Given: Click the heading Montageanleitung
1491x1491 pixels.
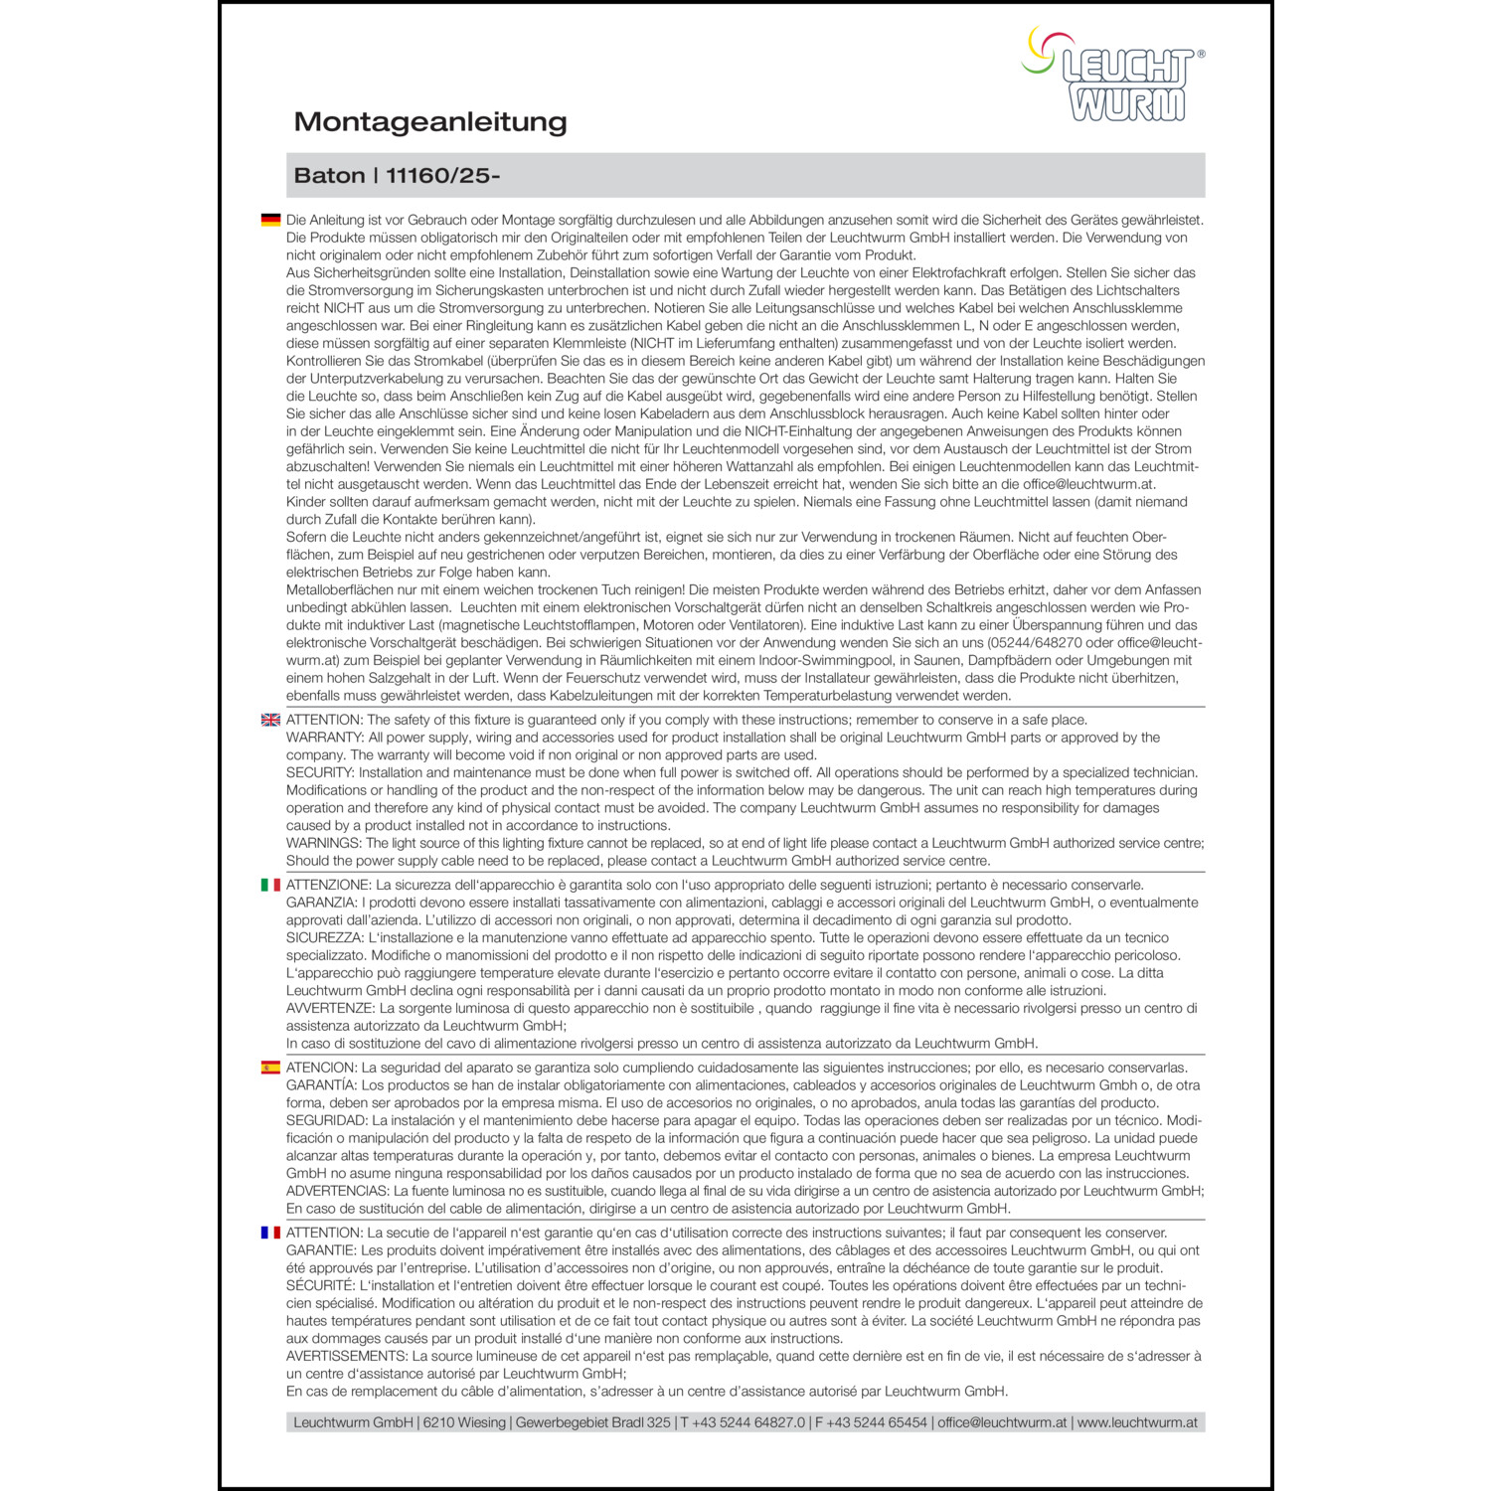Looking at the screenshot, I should click(x=430, y=122).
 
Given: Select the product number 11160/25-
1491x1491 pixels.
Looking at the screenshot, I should click(x=443, y=176).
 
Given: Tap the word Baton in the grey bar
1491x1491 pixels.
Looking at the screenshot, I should click(x=329, y=176).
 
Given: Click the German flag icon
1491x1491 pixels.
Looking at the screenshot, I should click(x=270, y=220).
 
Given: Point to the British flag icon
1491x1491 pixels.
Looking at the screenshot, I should click(x=270, y=720).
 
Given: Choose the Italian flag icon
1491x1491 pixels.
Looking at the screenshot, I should click(x=270, y=885).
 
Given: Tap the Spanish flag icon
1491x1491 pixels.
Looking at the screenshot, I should click(x=270, y=1068).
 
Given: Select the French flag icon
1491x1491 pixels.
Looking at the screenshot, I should click(x=270, y=1233).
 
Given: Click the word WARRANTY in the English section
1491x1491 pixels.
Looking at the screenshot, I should click(x=324, y=738).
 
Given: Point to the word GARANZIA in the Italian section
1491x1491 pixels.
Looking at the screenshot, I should click(x=321, y=903).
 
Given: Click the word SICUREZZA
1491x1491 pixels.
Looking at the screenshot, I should click(x=324, y=937).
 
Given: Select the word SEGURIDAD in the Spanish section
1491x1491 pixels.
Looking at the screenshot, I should click(x=326, y=1120).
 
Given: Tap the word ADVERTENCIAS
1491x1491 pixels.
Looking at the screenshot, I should click(x=337, y=1191).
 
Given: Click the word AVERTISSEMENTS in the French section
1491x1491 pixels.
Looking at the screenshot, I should click(x=346, y=1356).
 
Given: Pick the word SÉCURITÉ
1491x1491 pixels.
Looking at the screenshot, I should click(x=319, y=1285).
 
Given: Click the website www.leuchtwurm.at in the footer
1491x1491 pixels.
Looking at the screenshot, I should click(x=1137, y=1422).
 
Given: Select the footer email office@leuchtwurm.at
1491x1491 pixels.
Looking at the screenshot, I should click(x=1002, y=1422).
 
